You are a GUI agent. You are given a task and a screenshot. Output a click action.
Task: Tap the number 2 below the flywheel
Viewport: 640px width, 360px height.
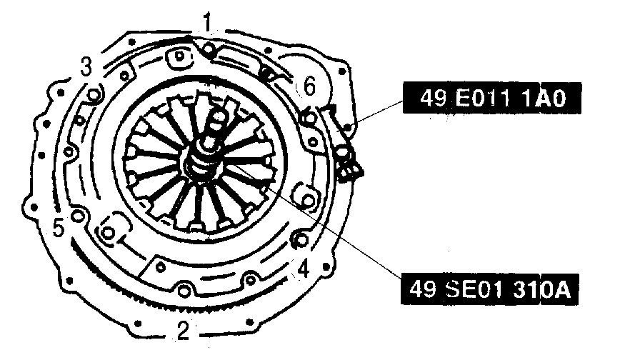point(184,330)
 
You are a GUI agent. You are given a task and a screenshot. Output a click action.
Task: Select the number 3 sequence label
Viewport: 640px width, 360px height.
point(86,66)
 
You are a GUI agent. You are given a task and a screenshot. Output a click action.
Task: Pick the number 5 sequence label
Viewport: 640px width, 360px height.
point(59,228)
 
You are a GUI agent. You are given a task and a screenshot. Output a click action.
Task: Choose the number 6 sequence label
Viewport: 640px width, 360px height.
point(309,86)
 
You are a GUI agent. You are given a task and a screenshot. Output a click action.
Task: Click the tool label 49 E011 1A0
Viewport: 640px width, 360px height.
point(492,98)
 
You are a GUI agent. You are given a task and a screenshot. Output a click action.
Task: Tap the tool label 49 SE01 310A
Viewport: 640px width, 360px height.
point(489,289)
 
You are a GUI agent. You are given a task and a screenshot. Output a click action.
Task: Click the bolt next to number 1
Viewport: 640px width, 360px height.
point(209,49)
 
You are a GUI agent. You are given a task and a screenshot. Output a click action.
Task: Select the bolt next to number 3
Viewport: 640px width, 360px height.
point(94,96)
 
